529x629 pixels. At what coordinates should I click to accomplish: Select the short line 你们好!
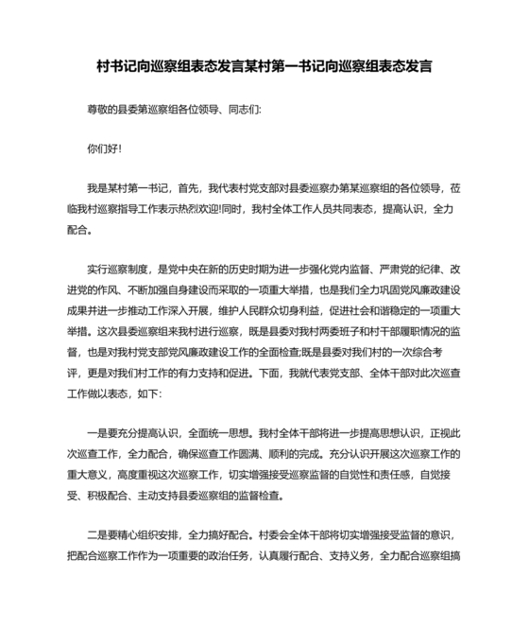(104, 149)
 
